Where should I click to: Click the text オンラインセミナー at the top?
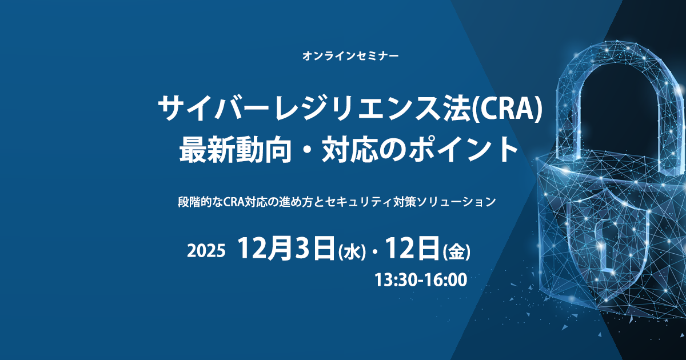click(x=350, y=56)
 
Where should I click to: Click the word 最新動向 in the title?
click(x=235, y=150)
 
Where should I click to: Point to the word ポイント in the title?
click(x=464, y=150)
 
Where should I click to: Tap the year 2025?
click(x=206, y=251)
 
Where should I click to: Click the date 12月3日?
click(x=286, y=249)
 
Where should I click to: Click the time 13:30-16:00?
click(x=421, y=280)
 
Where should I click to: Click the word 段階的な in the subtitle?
click(x=201, y=202)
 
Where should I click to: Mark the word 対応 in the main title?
click(x=350, y=150)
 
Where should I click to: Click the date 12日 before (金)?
click(x=412, y=249)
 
